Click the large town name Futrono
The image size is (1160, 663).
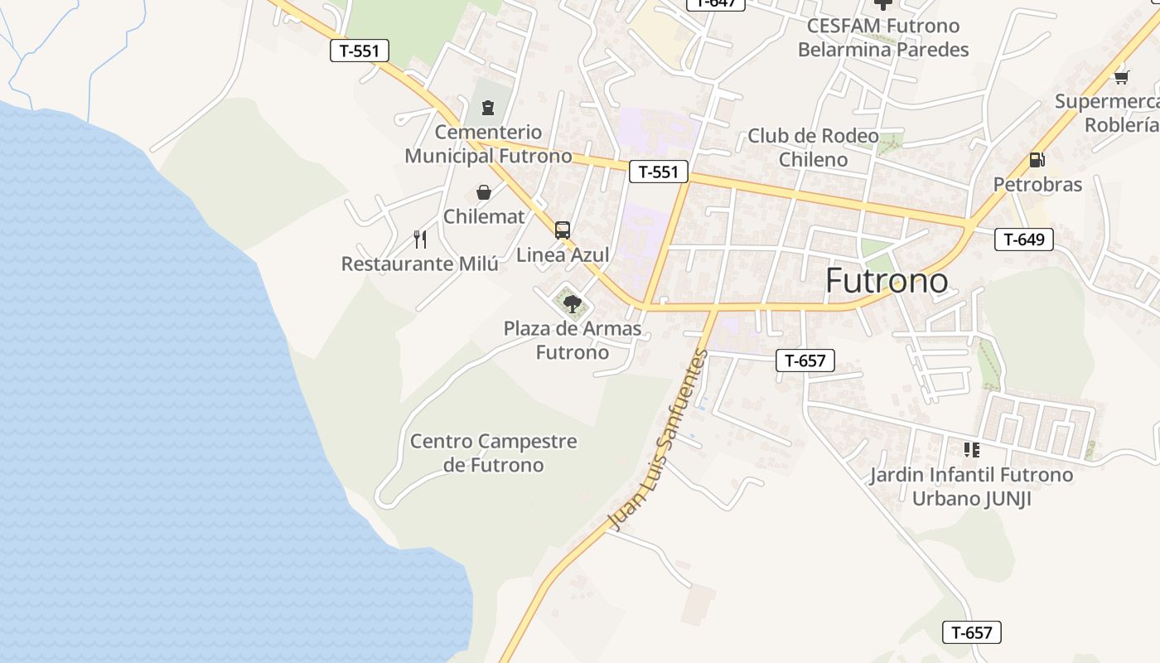pos(887,281)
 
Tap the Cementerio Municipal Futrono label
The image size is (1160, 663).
pos(488,144)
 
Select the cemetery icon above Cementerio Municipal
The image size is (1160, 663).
pos(487,107)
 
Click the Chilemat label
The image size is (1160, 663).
pos(484,216)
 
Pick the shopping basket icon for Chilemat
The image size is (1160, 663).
pos(484,192)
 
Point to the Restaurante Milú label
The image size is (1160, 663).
pos(420,264)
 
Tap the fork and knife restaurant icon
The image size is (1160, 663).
pos(420,240)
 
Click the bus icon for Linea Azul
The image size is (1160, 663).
pos(563,230)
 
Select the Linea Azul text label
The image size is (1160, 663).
pos(563,254)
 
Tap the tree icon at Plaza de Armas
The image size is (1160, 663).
pos(572,303)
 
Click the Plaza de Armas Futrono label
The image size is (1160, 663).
pos(573,341)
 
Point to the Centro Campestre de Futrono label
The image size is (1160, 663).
pos(494,452)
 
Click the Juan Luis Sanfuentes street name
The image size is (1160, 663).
pos(659,440)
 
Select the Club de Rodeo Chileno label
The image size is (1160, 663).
pos(813,148)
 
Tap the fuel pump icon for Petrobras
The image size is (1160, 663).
pos(1037,160)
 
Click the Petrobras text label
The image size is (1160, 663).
pos(1037,184)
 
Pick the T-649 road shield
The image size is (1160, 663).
pos(1024,240)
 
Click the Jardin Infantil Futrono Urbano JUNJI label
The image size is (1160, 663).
pos(971,486)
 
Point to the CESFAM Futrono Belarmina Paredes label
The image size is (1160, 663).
pos(883,38)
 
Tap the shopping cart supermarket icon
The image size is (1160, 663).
pos(1121,77)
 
